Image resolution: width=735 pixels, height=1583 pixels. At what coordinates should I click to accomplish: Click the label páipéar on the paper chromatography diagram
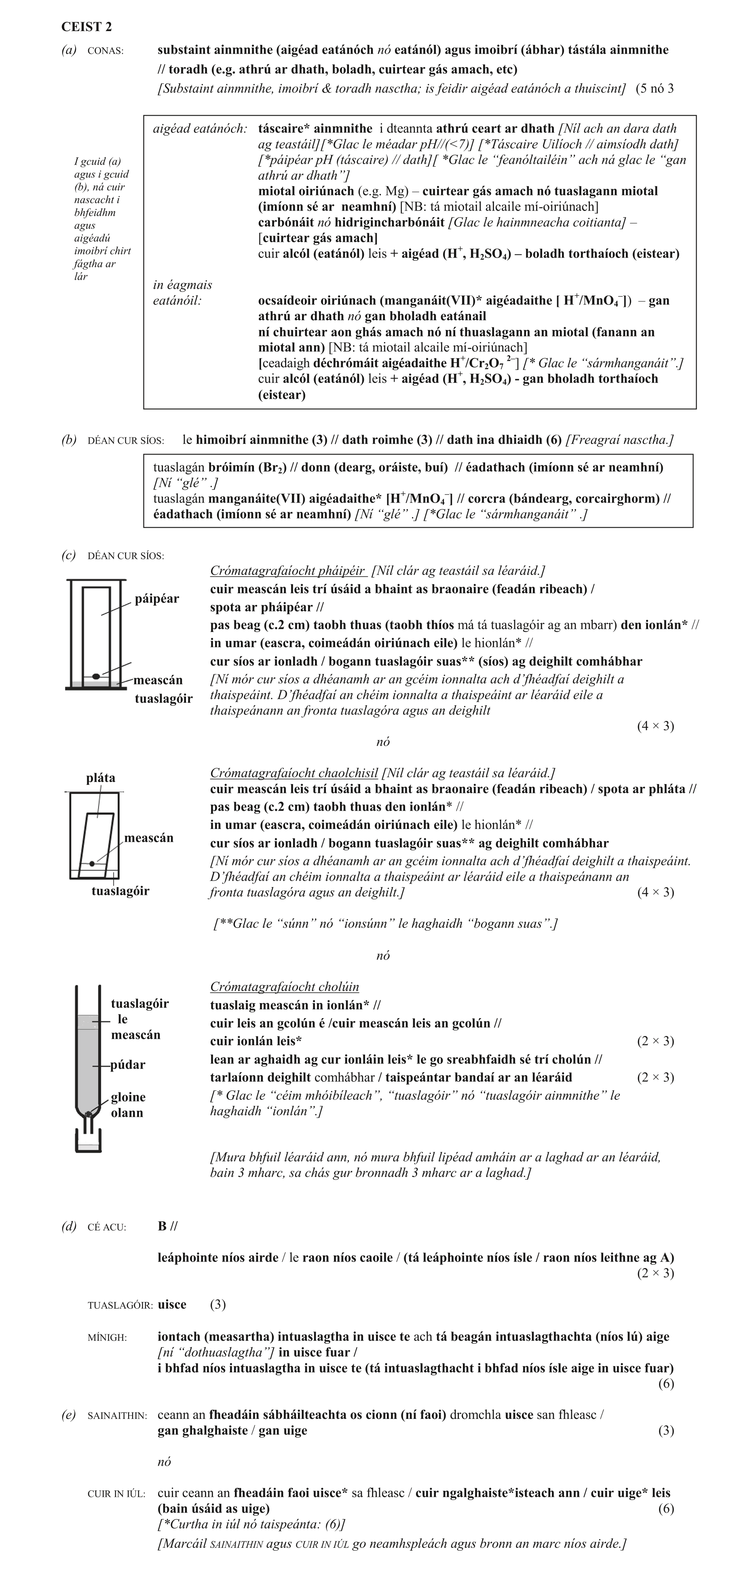(x=157, y=598)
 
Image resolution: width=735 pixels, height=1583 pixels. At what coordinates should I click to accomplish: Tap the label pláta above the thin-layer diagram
(x=100, y=778)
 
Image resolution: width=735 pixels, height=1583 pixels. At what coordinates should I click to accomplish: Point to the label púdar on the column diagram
(x=128, y=1065)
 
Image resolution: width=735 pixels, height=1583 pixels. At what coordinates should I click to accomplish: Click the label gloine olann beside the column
(x=128, y=1105)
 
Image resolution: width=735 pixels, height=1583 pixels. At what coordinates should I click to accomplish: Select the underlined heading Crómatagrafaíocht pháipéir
(x=287, y=571)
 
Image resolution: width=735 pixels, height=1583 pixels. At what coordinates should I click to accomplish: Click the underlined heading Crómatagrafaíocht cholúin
(x=285, y=987)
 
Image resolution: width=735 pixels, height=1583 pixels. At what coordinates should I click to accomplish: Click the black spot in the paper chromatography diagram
(x=96, y=676)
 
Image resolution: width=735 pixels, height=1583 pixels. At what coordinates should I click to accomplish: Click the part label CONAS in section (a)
(x=106, y=51)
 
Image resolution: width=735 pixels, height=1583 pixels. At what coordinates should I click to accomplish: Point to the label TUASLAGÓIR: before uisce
(x=120, y=1305)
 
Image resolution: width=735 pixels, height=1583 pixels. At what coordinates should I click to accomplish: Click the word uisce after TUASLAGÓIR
(x=172, y=1305)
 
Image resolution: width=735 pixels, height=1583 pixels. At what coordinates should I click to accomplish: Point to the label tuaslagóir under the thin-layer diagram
(x=120, y=891)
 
